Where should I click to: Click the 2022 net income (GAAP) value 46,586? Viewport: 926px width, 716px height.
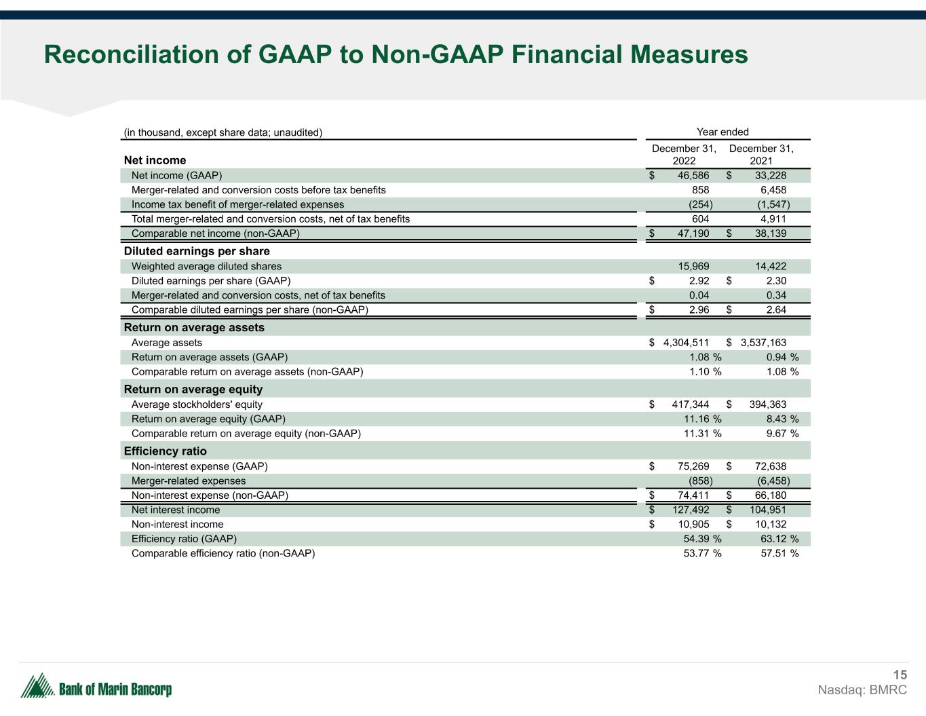[693, 176]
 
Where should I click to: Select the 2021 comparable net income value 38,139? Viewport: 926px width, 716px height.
[771, 233]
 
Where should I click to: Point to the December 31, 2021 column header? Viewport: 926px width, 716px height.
[761, 155]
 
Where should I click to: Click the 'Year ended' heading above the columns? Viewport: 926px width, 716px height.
[722, 132]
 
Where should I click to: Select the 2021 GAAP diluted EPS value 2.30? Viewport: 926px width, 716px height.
[776, 281]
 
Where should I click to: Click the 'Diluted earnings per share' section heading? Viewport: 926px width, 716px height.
[197, 251]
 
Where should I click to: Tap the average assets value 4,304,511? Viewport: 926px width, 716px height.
[686, 343]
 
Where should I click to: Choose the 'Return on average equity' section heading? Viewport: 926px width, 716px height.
[193, 390]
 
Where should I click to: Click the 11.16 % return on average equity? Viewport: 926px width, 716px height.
[702, 419]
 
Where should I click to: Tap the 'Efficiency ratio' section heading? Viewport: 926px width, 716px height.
[165, 451]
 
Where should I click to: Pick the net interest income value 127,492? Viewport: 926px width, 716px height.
[691, 510]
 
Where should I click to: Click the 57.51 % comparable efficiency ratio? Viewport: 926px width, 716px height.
[779, 553]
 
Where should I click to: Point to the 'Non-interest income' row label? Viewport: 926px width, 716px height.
[177, 525]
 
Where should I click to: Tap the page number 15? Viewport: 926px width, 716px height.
[900, 675]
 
